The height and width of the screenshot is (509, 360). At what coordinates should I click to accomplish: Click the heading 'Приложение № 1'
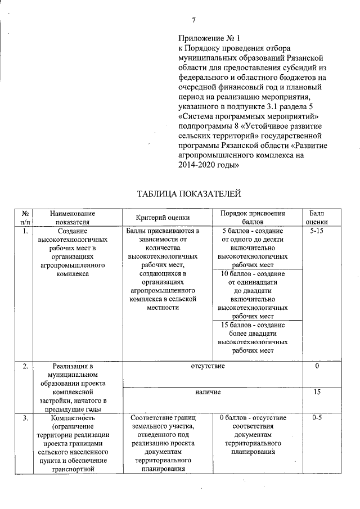pos(209,39)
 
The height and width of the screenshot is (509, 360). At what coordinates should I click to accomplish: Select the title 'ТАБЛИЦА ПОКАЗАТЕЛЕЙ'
pos(189,194)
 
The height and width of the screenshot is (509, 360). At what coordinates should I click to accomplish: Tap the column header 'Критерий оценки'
pos(163,218)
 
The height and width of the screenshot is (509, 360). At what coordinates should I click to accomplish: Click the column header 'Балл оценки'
pos(317,218)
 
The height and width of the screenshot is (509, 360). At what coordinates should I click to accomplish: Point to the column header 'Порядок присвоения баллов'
pos(253,218)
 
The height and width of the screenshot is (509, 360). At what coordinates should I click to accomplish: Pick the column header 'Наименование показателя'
pos(73,218)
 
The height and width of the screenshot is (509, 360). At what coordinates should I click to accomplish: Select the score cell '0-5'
pos(317,418)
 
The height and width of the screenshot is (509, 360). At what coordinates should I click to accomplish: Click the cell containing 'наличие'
pos(208,391)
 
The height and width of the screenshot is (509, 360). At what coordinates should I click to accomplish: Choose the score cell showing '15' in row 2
pos(317,391)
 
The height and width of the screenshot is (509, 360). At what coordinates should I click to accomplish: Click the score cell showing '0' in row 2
pos(317,366)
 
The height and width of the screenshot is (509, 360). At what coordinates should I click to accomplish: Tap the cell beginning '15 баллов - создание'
pos(253,337)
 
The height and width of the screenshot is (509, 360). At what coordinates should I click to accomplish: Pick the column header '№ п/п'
pos(26,218)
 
